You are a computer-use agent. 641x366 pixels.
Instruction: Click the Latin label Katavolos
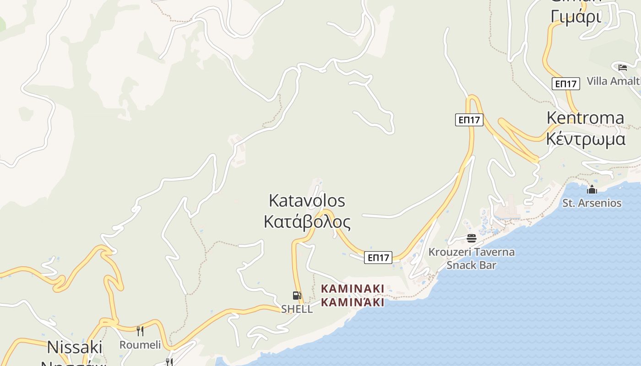[307, 200]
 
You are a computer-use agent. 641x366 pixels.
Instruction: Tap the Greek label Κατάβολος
[307, 222]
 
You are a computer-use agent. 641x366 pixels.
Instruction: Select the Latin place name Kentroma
[585, 118]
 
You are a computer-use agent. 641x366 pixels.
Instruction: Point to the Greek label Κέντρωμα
[585, 138]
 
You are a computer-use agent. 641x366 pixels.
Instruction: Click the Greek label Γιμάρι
[576, 16]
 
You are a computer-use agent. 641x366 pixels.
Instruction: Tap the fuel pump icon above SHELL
[297, 296]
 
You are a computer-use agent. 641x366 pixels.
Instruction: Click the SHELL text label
[297, 309]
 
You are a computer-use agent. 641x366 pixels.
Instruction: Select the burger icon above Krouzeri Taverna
[472, 238]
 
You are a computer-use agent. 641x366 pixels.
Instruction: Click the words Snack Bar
[471, 265]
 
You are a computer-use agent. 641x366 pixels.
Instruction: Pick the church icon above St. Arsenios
[592, 189]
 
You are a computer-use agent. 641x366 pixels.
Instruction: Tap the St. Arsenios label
[592, 203]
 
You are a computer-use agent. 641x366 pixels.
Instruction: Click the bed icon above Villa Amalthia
[622, 68]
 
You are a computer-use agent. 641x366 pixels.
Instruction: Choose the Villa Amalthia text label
[614, 81]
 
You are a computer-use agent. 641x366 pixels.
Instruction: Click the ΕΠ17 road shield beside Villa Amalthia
[566, 84]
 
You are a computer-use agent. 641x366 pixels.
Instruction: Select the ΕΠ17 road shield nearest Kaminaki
[378, 258]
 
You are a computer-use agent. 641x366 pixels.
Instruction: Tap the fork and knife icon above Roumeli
[140, 331]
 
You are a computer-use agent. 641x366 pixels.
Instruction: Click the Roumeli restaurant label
[140, 344]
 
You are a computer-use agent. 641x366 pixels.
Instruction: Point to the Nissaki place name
[75, 347]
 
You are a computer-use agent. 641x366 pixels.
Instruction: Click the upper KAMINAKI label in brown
[353, 289]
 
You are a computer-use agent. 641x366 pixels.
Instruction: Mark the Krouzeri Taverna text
[471, 252]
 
